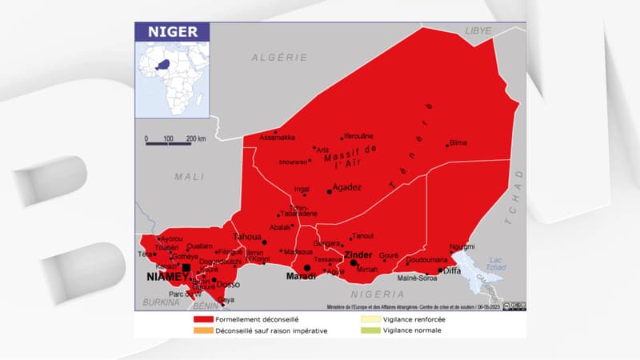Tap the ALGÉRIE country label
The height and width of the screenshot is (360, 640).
[x=279, y=58]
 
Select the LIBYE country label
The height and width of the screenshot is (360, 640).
[x=478, y=30]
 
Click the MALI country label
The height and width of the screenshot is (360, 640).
[x=190, y=176]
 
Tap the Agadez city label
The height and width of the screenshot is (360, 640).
[x=346, y=187]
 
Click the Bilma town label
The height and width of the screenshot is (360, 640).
[x=458, y=142]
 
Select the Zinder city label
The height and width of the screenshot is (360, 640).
[x=358, y=254]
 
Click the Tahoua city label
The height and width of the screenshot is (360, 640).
[x=246, y=237]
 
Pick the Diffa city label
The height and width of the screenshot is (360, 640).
[x=452, y=270]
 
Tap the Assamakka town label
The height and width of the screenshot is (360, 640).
[x=277, y=138]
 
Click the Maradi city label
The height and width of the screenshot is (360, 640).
[x=300, y=277]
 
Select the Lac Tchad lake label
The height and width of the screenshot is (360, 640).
[x=496, y=263]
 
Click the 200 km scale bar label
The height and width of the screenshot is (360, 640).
[x=196, y=138]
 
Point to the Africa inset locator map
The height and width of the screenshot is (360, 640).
[x=171, y=78]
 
